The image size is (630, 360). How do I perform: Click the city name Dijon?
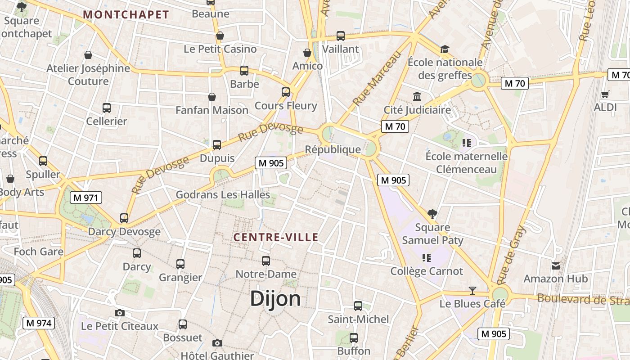(275, 298)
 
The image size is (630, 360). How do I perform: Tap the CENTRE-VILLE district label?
(276, 237)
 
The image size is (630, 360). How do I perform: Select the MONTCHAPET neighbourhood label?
(126, 14)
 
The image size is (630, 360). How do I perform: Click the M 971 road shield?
(86, 198)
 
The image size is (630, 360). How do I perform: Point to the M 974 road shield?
(39, 323)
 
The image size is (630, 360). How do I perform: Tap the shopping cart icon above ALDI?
(605, 94)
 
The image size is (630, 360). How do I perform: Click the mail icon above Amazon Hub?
(556, 265)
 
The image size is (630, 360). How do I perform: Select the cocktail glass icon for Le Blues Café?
(472, 290)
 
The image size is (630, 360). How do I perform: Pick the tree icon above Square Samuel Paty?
(432, 213)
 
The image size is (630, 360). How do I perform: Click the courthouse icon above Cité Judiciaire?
(417, 96)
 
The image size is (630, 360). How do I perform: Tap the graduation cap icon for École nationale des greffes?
(445, 49)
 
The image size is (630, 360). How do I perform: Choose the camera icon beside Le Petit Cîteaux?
(119, 313)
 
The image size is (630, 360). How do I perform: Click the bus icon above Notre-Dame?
(266, 261)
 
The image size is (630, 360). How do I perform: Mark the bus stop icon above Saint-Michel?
(358, 306)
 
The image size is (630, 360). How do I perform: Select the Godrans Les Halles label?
(223, 194)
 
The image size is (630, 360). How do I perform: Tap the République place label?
(333, 149)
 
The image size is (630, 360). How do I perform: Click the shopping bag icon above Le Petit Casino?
(220, 36)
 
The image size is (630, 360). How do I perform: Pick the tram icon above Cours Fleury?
(286, 92)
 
